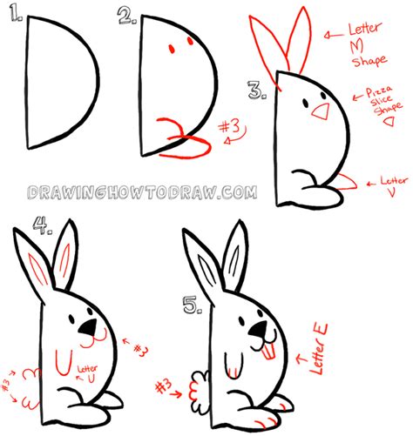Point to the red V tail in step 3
click(344, 181)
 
